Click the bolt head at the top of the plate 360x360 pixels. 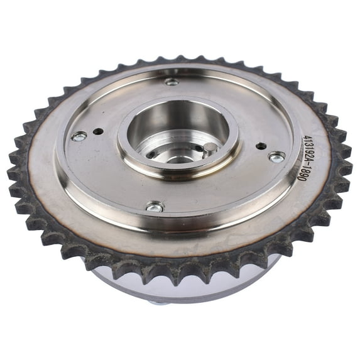click(x=172, y=82)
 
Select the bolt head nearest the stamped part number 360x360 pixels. click(x=277, y=157)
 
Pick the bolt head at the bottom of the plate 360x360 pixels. click(x=155, y=207)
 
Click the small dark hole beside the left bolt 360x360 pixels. click(x=98, y=131)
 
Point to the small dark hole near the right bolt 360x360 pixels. click(x=261, y=146)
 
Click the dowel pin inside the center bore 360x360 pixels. click(x=210, y=147)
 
